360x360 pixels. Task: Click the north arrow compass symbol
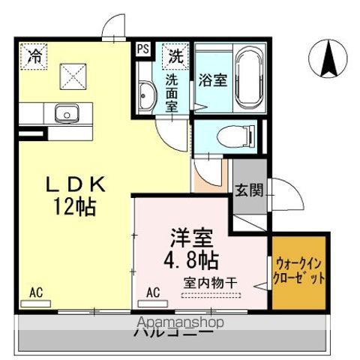click(x=328, y=59)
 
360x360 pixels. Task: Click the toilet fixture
click(x=232, y=137)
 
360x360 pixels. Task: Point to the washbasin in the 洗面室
click(x=146, y=93)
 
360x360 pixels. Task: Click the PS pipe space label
click(x=143, y=50)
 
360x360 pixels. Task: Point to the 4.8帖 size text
click(x=192, y=261)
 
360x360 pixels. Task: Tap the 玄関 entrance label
click(x=248, y=190)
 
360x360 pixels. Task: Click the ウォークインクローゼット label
click(x=300, y=270)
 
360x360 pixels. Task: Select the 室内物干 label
click(x=210, y=282)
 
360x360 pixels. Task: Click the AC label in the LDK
click(x=35, y=291)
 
